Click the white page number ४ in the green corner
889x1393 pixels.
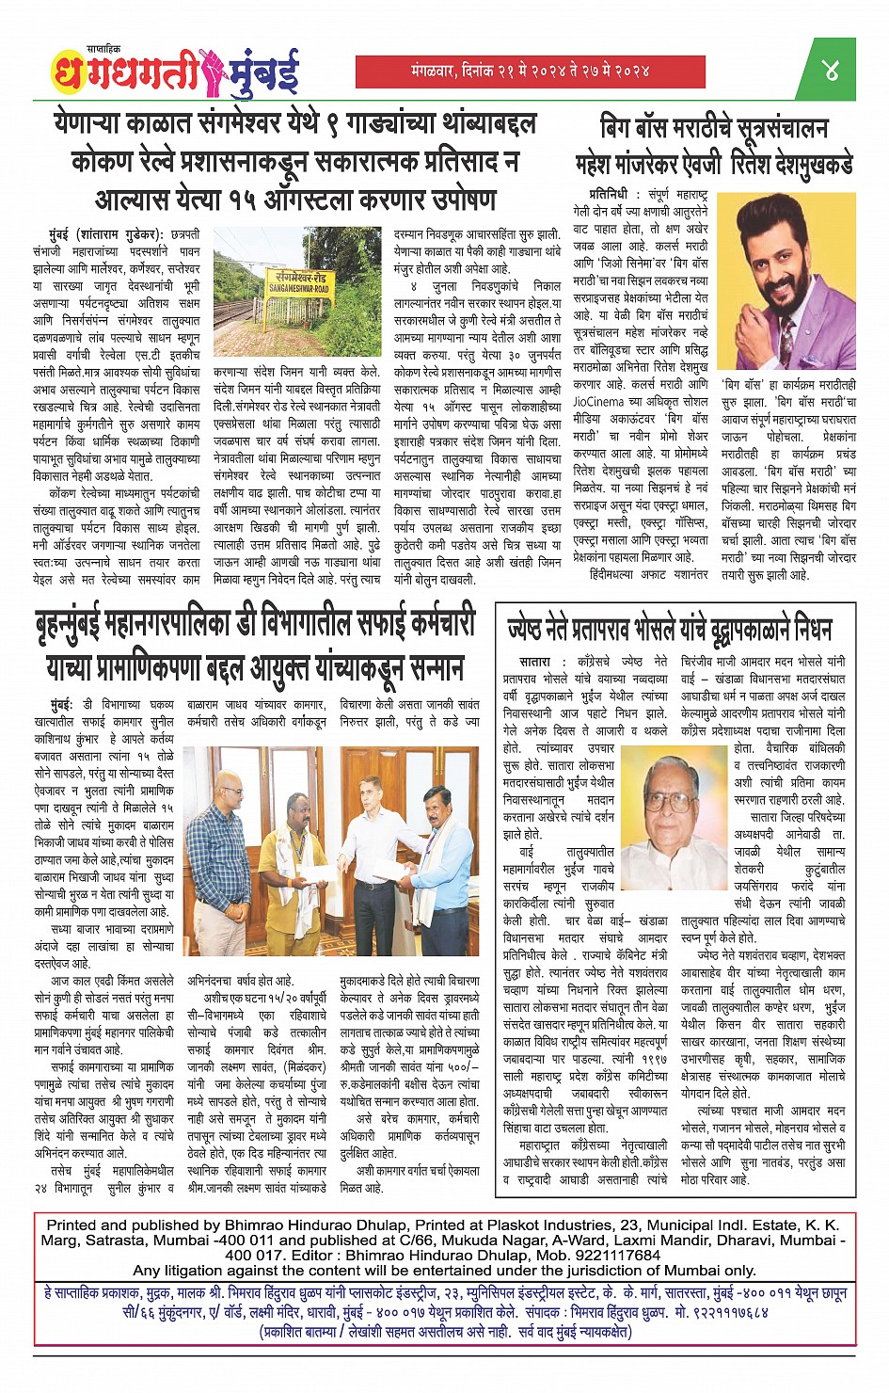[x=832, y=69]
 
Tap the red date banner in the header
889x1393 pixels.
[x=530, y=70]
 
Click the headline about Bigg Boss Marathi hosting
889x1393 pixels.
[x=714, y=146]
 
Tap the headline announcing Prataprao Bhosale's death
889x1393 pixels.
[x=669, y=628]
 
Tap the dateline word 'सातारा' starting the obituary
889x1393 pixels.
[x=535, y=662]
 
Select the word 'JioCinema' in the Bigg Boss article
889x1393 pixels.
[x=602, y=400]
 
